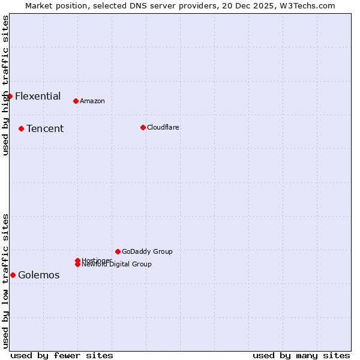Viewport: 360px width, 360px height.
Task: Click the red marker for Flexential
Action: click(10, 96)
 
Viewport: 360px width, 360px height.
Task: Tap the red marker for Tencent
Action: click(21, 128)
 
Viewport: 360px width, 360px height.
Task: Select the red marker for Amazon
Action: click(76, 101)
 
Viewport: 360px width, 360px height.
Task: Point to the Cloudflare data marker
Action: click(143, 127)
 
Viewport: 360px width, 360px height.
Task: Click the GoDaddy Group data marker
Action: click(118, 251)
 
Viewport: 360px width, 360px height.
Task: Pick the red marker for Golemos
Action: click(13, 275)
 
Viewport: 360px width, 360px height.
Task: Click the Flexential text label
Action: click(38, 96)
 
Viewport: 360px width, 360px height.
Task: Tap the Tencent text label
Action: click(45, 128)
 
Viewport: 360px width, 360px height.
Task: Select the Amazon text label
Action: click(92, 101)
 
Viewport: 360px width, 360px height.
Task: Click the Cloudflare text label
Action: click(163, 127)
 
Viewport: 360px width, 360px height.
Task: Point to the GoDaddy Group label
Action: click(147, 251)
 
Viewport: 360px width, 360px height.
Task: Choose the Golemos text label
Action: click(39, 275)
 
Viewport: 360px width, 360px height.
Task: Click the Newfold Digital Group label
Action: click(117, 264)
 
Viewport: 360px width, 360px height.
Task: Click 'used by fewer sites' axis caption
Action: click(62, 355)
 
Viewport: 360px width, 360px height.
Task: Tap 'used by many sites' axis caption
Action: click(301, 355)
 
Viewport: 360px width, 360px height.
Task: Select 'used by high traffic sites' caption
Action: click(5, 85)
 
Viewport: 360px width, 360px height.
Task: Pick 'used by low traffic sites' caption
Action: click(5, 281)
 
